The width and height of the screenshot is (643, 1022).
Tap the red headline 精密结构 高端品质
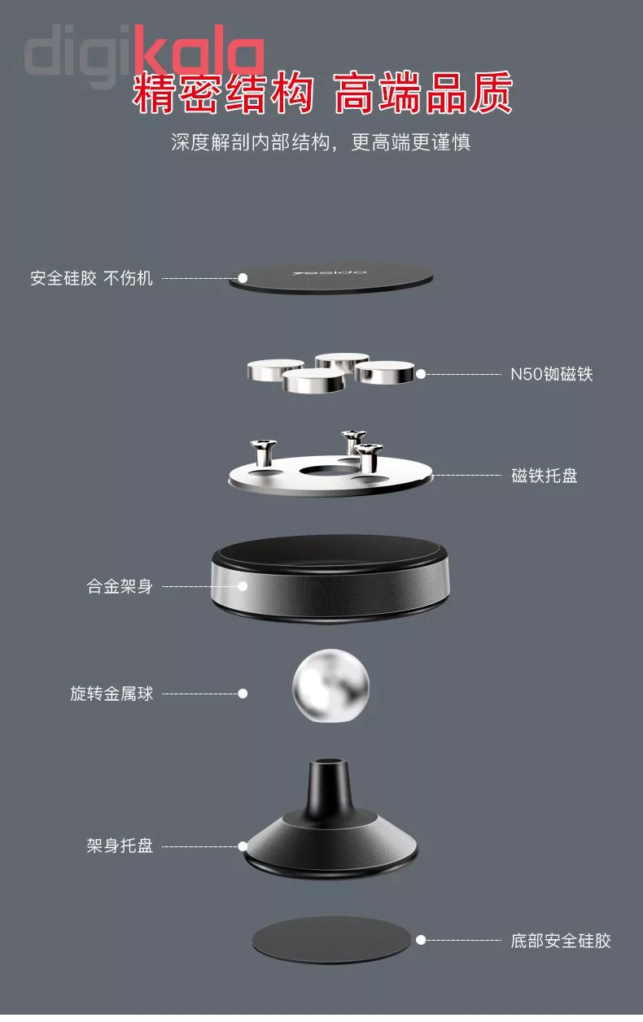coord(322,93)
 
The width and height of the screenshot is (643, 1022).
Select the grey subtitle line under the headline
coord(321,142)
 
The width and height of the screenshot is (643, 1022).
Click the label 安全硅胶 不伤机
coord(91,278)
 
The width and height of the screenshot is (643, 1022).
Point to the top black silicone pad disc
coord(331,277)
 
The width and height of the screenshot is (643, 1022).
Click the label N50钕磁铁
coord(552,374)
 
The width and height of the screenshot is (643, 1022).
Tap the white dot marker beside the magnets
coord(421,374)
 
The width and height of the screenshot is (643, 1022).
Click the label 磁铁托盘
coord(545,476)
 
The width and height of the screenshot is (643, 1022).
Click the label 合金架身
coord(120,586)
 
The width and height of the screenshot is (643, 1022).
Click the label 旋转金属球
coord(112,694)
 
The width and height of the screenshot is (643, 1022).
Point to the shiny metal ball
coord(330,685)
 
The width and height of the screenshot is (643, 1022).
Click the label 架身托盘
coord(120,846)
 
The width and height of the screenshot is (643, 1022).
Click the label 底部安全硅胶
coord(561,941)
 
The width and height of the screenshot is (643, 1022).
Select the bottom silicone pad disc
coord(331,941)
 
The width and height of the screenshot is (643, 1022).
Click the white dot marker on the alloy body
coord(243,586)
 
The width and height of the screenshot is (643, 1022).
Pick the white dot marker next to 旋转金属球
coord(243,694)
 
